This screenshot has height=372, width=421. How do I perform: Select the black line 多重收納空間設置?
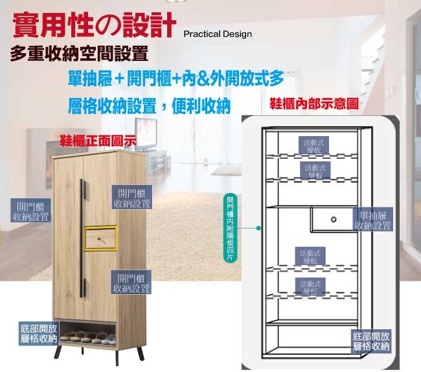tap(79, 52)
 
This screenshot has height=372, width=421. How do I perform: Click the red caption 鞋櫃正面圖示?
tap(97, 140)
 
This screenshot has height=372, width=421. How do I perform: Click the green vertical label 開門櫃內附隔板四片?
tap(229, 227)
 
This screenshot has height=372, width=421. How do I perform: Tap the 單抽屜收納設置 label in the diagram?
tap(372, 220)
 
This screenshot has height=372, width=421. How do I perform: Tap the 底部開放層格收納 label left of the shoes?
tap(38, 333)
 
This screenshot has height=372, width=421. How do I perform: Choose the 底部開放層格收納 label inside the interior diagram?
tap(372, 342)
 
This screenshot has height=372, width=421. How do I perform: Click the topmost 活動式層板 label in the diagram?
tap(316, 146)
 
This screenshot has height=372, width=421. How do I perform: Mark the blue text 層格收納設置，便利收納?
tap(149, 106)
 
